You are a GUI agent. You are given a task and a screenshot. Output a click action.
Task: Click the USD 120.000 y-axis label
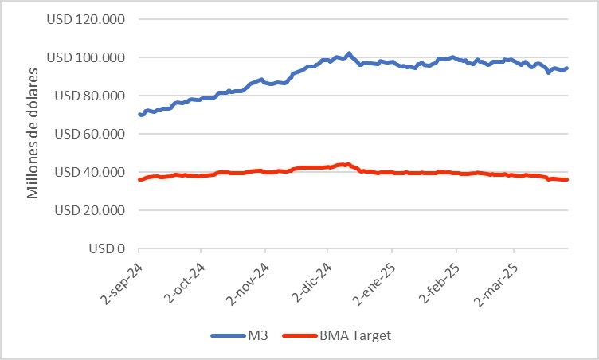coord(87,19)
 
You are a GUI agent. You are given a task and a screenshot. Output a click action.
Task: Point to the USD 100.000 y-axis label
coord(87,57)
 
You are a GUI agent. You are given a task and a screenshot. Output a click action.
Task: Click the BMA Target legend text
coord(354,335)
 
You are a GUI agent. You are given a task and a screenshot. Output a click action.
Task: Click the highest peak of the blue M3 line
coord(349,53)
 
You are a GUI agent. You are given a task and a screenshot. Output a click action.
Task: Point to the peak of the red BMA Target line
coord(347,164)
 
